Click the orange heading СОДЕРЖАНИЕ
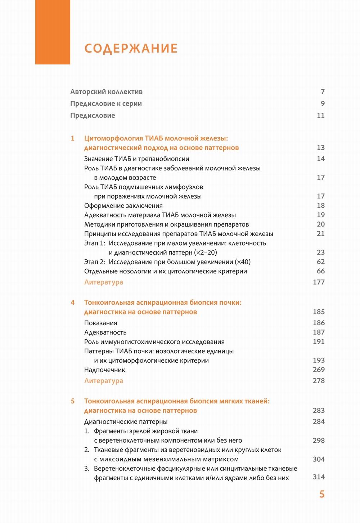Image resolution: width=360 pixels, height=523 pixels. [x=131, y=49]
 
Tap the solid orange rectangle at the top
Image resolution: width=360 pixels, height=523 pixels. [x=53, y=32]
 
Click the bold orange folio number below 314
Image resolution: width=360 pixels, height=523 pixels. [x=322, y=494]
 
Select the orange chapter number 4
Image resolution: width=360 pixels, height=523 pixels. [x=73, y=303]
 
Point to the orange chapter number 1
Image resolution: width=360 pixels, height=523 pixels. [x=73, y=138]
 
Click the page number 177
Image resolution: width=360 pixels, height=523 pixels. [x=319, y=282]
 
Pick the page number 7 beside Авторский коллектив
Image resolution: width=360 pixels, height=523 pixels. [x=323, y=92]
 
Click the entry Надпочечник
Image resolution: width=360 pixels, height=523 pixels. [x=105, y=370]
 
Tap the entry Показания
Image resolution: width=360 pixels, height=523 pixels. [x=101, y=323]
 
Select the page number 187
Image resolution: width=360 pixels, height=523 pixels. [x=319, y=332]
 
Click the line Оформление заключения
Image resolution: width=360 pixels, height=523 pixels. [x=123, y=206]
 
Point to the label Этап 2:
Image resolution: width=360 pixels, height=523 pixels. [x=95, y=262]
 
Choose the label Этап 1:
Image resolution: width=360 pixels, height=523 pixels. [x=95, y=243]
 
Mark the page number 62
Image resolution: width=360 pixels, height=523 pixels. [x=320, y=262]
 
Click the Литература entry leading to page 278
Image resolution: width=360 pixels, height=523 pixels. [x=104, y=381]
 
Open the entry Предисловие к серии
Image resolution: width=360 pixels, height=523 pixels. [x=106, y=104]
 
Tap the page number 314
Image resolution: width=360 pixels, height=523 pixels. [x=319, y=477]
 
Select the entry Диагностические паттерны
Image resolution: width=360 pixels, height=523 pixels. [x=126, y=422]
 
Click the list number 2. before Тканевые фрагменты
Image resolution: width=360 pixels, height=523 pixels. [x=87, y=450]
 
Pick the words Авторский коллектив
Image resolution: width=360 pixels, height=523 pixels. [x=106, y=92]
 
